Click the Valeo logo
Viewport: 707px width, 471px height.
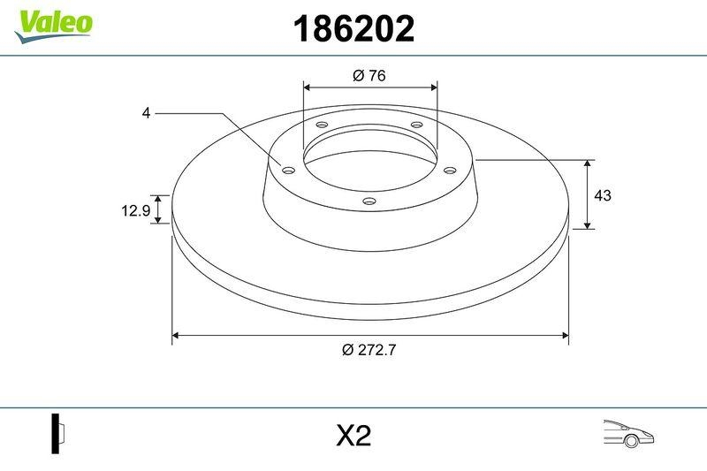tap(53, 23)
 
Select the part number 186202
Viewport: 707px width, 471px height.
tap(353, 30)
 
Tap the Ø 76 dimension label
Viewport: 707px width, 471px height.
tap(369, 76)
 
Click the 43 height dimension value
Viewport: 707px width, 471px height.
tap(604, 195)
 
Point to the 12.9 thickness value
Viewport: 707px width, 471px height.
tap(133, 209)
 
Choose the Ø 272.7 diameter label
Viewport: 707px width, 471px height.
tap(369, 350)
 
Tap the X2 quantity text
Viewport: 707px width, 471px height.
tap(353, 437)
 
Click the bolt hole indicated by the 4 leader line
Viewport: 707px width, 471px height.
tap(288, 170)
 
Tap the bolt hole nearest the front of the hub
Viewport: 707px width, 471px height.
tap(369, 202)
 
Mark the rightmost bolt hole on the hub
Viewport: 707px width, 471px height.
tap(449, 170)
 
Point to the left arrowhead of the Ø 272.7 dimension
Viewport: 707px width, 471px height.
tap(176, 336)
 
